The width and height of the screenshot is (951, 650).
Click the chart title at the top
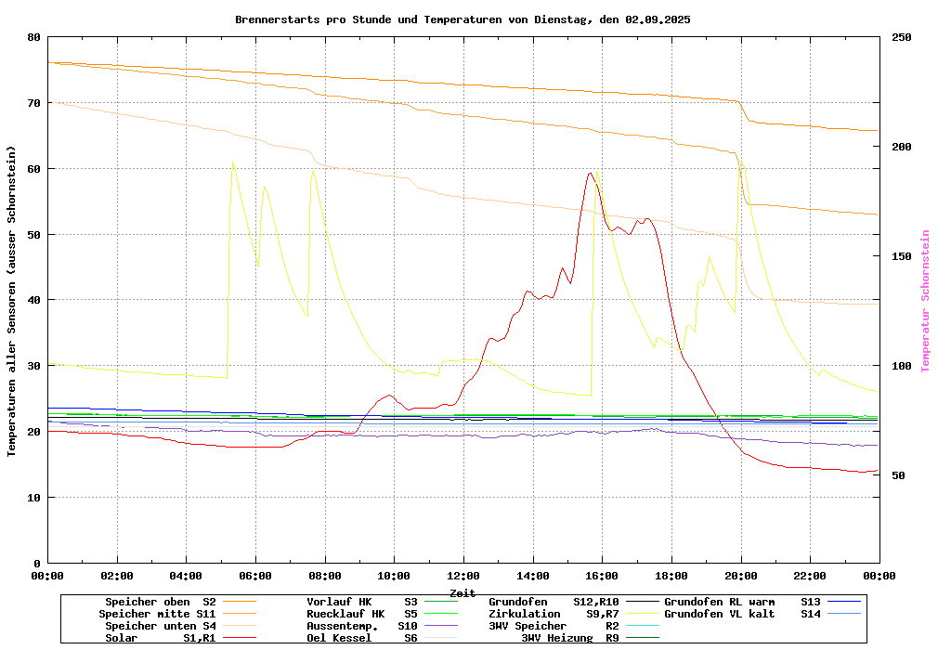tap(462, 19)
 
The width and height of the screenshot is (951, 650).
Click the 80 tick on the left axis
tap(34, 37)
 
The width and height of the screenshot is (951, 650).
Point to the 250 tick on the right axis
tap(902, 37)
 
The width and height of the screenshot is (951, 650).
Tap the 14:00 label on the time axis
tap(533, 576)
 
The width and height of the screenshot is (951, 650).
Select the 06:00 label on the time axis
tap(255, 576)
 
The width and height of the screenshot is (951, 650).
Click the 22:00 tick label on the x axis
tap(810, 576)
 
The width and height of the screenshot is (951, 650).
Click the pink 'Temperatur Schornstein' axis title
tap(925, 301)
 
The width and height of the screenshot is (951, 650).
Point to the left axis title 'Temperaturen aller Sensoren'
tap(12, 301)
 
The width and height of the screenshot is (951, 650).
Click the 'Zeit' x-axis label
tap(462, 592)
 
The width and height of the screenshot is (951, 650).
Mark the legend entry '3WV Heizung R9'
tap(569, 638)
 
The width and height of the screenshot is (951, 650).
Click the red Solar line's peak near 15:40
tap(591, 173)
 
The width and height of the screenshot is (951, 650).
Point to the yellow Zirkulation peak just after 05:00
tap(232, 162)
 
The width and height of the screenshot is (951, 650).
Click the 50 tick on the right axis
tap(898, 475)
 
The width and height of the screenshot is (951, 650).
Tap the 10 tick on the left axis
tap(34, 498)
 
